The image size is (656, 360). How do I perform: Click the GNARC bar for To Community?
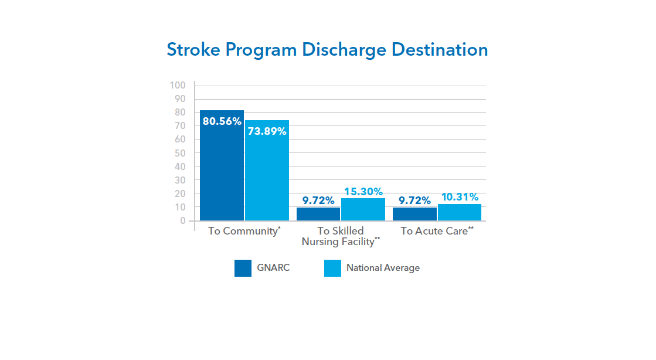point(222,165)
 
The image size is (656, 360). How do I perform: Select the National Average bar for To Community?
point(267,171)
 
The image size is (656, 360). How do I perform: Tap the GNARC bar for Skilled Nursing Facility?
point(318,214)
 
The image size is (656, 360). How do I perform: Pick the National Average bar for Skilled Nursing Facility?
point(363,209)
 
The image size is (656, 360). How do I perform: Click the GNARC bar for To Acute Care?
point(414,214)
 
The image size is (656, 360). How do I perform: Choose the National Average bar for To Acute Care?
point(460,212)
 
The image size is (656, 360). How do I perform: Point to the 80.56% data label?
point(222,121)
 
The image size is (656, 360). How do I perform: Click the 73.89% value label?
point(267,131)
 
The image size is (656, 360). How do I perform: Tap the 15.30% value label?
point(363,192)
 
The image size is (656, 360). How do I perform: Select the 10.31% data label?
point(460,197)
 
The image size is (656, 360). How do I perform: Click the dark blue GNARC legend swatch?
point(243,269)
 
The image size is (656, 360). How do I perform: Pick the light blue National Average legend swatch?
point(332,269)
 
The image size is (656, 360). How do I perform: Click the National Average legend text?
point(383,268)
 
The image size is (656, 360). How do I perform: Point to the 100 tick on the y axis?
point(178,86)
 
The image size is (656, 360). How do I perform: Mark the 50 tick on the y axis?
point(180,153)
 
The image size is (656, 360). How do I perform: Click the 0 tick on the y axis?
point(183,221)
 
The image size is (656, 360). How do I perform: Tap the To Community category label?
point(244,231)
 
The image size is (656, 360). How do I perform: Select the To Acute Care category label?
point(437,231)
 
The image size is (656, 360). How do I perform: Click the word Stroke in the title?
point(193,50)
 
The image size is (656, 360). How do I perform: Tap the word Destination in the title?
point(440,50)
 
